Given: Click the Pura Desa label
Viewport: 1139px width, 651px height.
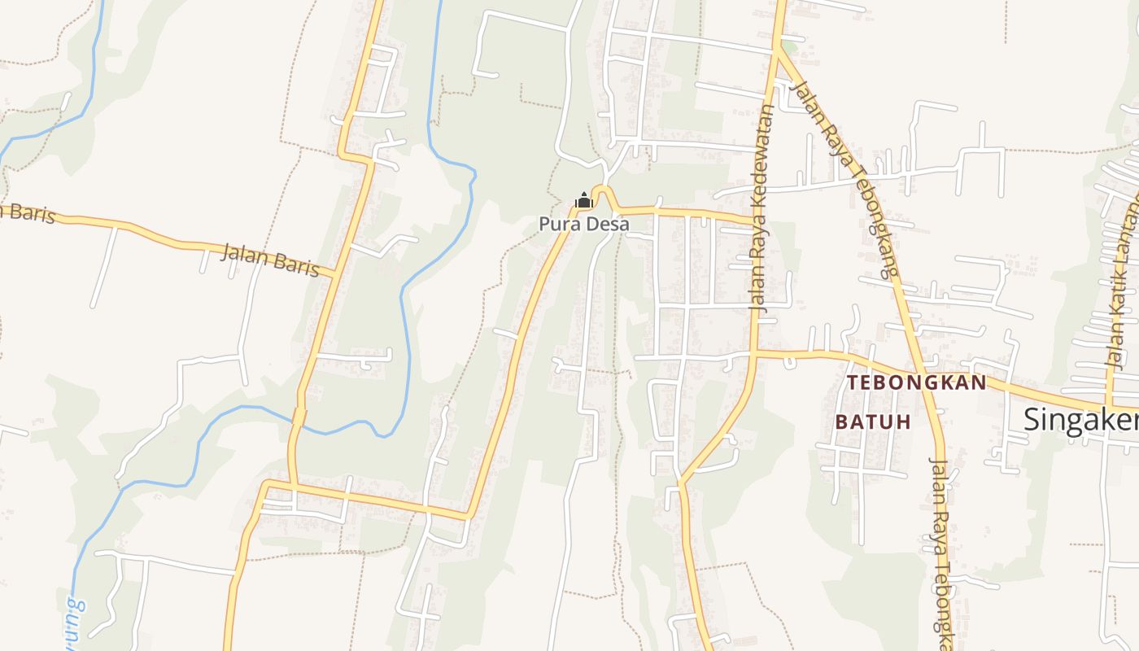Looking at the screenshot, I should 583,224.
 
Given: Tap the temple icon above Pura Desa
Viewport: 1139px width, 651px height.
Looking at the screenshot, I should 583,200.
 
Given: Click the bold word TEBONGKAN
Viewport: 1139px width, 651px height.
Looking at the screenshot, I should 916,382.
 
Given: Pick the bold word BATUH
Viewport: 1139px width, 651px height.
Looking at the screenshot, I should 873,422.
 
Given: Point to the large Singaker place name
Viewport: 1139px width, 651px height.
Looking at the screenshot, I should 1080,420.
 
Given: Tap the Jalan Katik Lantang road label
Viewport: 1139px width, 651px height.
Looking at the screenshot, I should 1122,277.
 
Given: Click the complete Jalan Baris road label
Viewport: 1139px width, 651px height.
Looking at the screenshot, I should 270,260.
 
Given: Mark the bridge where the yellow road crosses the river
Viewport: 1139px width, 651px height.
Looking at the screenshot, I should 299,417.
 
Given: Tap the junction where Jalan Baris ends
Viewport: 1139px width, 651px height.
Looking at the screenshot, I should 334,276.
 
